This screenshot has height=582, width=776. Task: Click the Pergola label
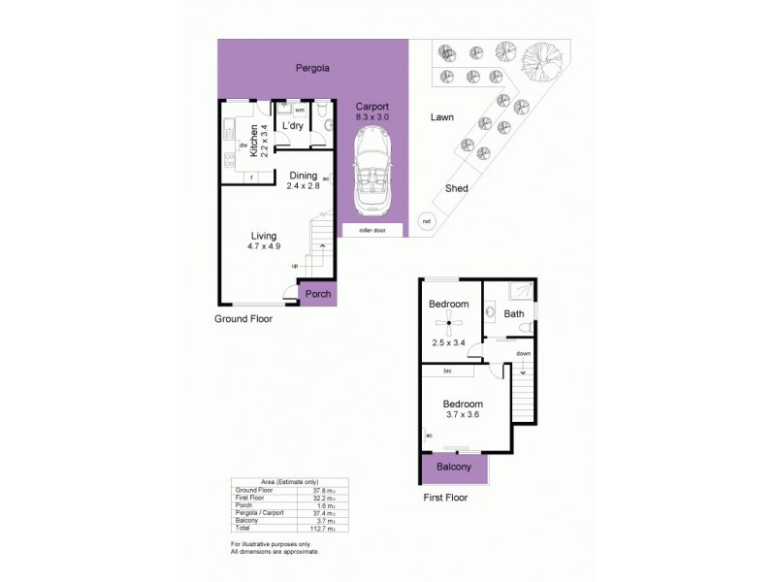[x=312, y=69]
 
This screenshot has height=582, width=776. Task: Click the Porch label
[x=318, y=294]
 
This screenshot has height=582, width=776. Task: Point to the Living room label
[x=264, y=236]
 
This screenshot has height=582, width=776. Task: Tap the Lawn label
[x=442, y=117]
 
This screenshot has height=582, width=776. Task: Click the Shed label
[x=456, y=188]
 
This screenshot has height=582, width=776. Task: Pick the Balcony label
[x=455, y=467]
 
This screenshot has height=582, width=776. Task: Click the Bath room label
[x=514, y=313]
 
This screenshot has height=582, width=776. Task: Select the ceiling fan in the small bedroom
[x=448, y=326]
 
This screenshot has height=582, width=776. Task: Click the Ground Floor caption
[x=242, y=318]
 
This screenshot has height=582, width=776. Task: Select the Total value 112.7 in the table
[x=309, y=528]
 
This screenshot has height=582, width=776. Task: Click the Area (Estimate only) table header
[x=275, y=482]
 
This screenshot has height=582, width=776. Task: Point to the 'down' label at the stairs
[x=524, y=354]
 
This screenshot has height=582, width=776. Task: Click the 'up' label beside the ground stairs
[x=294, y=265]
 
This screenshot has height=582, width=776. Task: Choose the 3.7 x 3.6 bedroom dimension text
[x=462, y=414]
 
